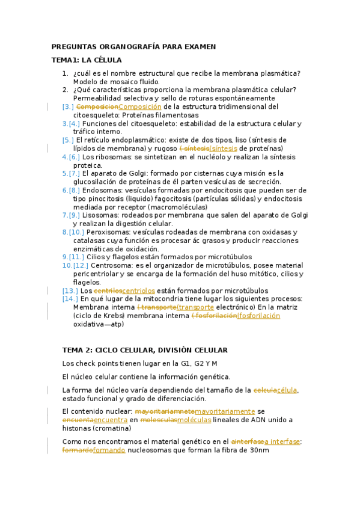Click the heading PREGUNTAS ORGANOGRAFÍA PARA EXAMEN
coord(133,46)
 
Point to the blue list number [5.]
coord(68,140)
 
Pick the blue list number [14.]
coord(70,298)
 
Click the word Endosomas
coord(100,190)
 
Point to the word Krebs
coord(114,315)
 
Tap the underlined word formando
coord(109,450)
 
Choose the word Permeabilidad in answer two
coord(97,98)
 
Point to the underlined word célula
coord(286,390)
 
